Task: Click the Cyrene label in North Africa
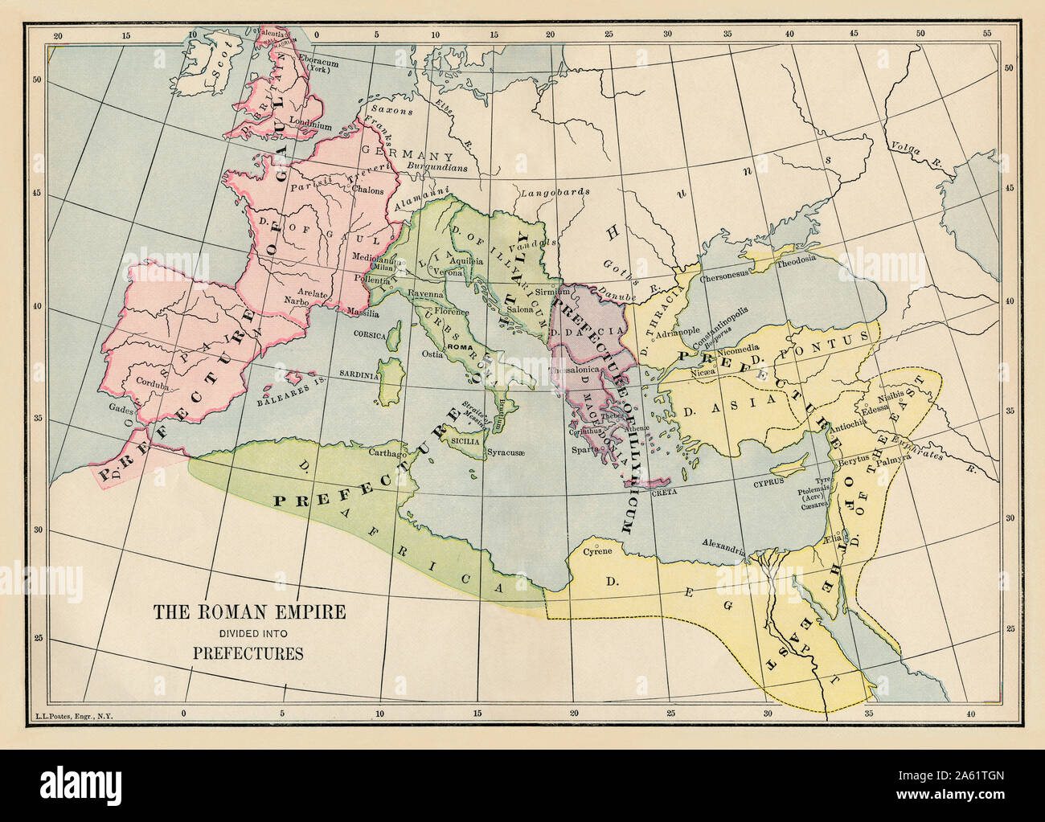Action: click(597, 551)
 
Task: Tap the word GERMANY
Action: click(404, 155)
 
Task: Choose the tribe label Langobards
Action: click(557, 193)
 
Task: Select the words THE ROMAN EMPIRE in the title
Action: click(250, 612)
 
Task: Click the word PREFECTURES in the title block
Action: click(248, 652)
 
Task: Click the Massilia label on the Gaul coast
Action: click(363, 311)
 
